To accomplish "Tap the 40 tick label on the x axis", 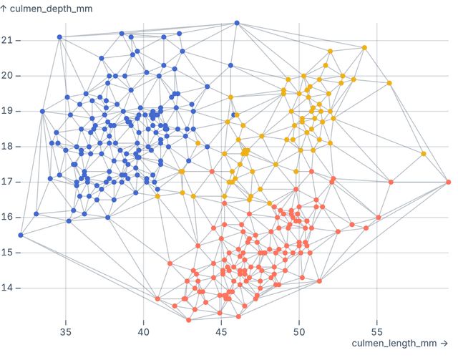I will (143, 332).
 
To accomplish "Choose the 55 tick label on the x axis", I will (377, 332).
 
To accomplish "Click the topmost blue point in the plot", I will (237, 23).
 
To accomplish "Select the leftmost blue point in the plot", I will (21, 235).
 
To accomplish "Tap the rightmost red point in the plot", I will (448, 182).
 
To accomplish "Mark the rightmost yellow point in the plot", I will (424, 154).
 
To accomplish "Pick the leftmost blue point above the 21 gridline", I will (59, 37).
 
